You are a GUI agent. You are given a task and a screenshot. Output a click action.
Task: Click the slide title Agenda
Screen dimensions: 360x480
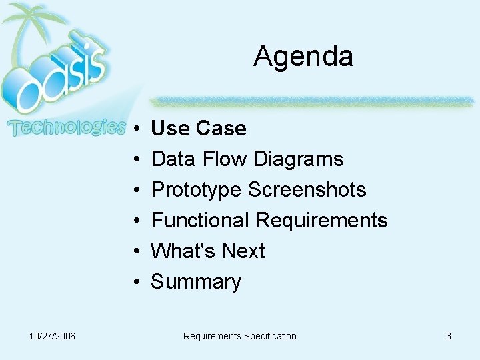pyautogui.click(x=303, y=57)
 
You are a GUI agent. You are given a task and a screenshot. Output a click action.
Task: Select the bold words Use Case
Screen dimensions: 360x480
pyautogui.click(x=199, y=128)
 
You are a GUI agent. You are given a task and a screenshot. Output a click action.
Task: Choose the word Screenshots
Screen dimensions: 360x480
pyautogui.click(x=307, y=189)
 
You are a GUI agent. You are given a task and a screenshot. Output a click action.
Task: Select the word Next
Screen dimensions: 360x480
pyautogui.click(x=243, y=251)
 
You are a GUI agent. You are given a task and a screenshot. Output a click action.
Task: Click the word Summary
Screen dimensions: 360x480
pyautogui.click(x=196, y=282)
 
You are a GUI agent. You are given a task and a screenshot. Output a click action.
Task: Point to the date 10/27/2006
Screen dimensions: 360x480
pyautogui.click(x=52, y=336)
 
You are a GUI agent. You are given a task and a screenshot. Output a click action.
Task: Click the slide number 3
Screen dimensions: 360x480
pyautogui.click(x=449, y=336)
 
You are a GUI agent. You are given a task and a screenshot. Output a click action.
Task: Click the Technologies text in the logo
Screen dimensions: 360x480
pyautogui.click(x=65, y=127)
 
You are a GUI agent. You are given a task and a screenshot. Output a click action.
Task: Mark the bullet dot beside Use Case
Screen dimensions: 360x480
pyautogui.click(x=135, y=128)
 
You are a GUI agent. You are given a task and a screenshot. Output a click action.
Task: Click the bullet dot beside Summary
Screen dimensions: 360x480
pyautogui.click(x=135, y=282)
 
